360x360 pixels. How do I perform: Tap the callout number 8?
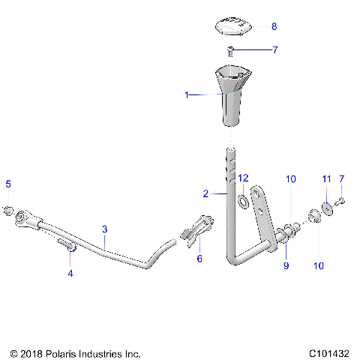tap(274, 26)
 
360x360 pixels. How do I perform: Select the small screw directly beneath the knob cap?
tap(230, 51)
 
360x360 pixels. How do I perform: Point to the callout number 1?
tap(187, 95)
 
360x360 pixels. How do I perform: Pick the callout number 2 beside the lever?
tap(205, 193)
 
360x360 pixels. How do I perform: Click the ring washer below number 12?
tap(244, 202)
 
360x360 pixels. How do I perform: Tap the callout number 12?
tap(243, 178)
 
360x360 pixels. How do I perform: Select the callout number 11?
tap(326, 178)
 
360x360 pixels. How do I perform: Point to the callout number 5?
tap(8, 184)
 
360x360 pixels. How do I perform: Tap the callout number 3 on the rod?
tap(105, 228)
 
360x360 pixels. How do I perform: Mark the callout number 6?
tap(199, 258)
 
